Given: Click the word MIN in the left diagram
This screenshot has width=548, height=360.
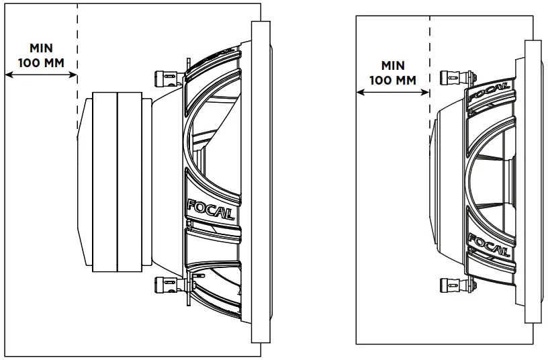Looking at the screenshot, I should coord(40,48).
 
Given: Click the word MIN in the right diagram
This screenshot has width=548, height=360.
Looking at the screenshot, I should coord(392,66).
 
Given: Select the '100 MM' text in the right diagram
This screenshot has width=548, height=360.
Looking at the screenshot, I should coord(392,80).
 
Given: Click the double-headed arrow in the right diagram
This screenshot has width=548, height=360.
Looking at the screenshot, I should coord(392,93).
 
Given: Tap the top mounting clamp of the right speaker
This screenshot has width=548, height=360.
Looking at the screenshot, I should coord(451,77).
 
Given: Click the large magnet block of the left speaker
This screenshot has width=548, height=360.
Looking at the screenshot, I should coord(117,181).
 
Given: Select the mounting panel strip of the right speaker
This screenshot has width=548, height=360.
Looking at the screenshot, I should coord(532,181).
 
